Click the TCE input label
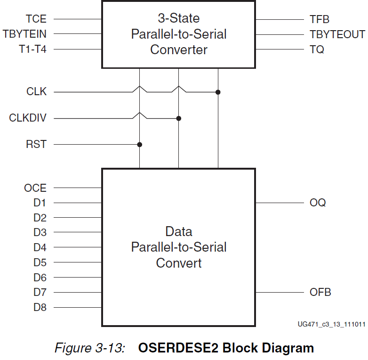(x=36, y=19)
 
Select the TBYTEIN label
(x=24, y=34)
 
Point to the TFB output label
(x=320, y=19)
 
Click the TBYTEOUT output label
(x=337, y=34)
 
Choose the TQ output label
(x=317, y=49)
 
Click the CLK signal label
(x=36, y=92)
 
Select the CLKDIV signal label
(x=28, y=118)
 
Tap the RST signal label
(x=36, y=144)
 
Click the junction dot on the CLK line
(x=218, y=92)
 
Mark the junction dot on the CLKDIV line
(x=179, y=118)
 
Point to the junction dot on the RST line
(x=140, y=144)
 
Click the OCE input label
(x=35, y=188)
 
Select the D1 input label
(x=40, y=203)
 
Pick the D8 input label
(x=40, y=308)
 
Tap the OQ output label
(x=318, y=203)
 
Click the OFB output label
(x=320, y=292)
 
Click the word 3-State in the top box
(x=178, y=18)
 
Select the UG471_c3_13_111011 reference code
(x=331, y=324)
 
